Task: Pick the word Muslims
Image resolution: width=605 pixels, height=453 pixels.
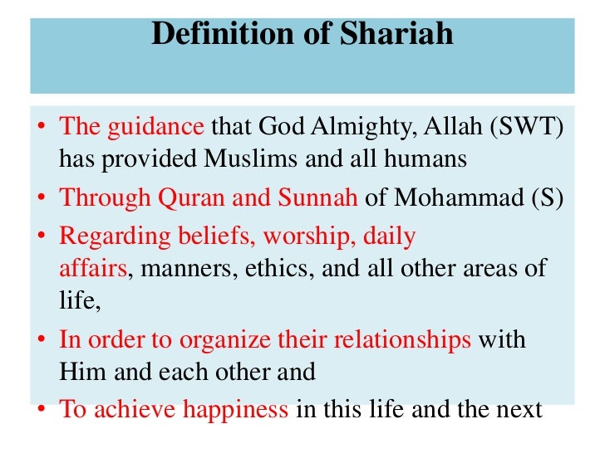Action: tap(233, 158)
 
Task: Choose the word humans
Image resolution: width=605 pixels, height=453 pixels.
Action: tap(425, 158)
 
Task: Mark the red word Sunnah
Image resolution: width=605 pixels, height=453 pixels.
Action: tap(316, 198)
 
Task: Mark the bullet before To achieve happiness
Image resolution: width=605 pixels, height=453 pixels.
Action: tap(41, 411)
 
